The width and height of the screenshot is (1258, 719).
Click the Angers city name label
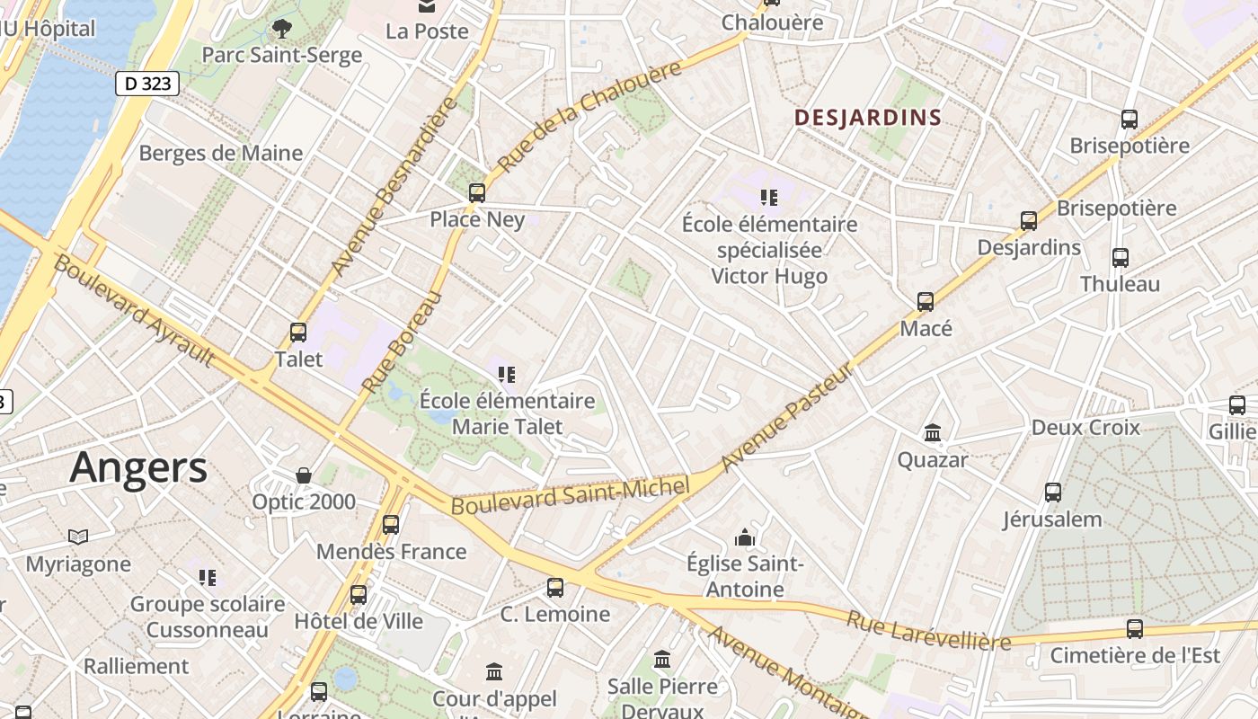pyautogui.click(x=138, y=467)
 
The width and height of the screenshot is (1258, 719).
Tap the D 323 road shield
pyautogui.click(x=147, y=84)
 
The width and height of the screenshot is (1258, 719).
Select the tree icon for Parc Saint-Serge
pyautogui.click(x=282, y=28)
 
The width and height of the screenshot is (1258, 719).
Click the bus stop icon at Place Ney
pyautogui.click(x=477, y=192)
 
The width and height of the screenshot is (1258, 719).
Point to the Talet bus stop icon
pyautogui.click(x=298, y=333)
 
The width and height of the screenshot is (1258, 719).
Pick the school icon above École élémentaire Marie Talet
pyautogui.click(x=507, y=374)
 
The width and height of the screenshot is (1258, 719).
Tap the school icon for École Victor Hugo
pyautogui.click(x=768, y=197)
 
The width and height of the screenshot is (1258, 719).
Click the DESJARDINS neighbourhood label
pyautogui.click(x=868, y=117)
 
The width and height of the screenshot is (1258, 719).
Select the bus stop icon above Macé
pyautogui.click(x=926, y=302)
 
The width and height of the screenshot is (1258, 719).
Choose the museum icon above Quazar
pyautogui.click(x=933, y=433)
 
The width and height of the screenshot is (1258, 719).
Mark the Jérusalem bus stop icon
pyautogui.click(x=1053, y=493)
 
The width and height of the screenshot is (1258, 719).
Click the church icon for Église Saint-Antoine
pyautogui.click(x=744, y=537)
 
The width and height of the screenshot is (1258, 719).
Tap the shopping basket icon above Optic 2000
pyautogui.click(x=304, y=475)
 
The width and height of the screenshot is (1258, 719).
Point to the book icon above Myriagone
pyautogui.click(x=78, y=537)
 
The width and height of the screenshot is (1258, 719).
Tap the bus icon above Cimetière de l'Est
pyautogui.click(x=1135, y=628)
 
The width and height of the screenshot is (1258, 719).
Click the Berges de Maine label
pyautogui.click(x=221, y=153)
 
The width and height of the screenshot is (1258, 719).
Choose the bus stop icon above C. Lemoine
pyautogui.click(x=555, y=588)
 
